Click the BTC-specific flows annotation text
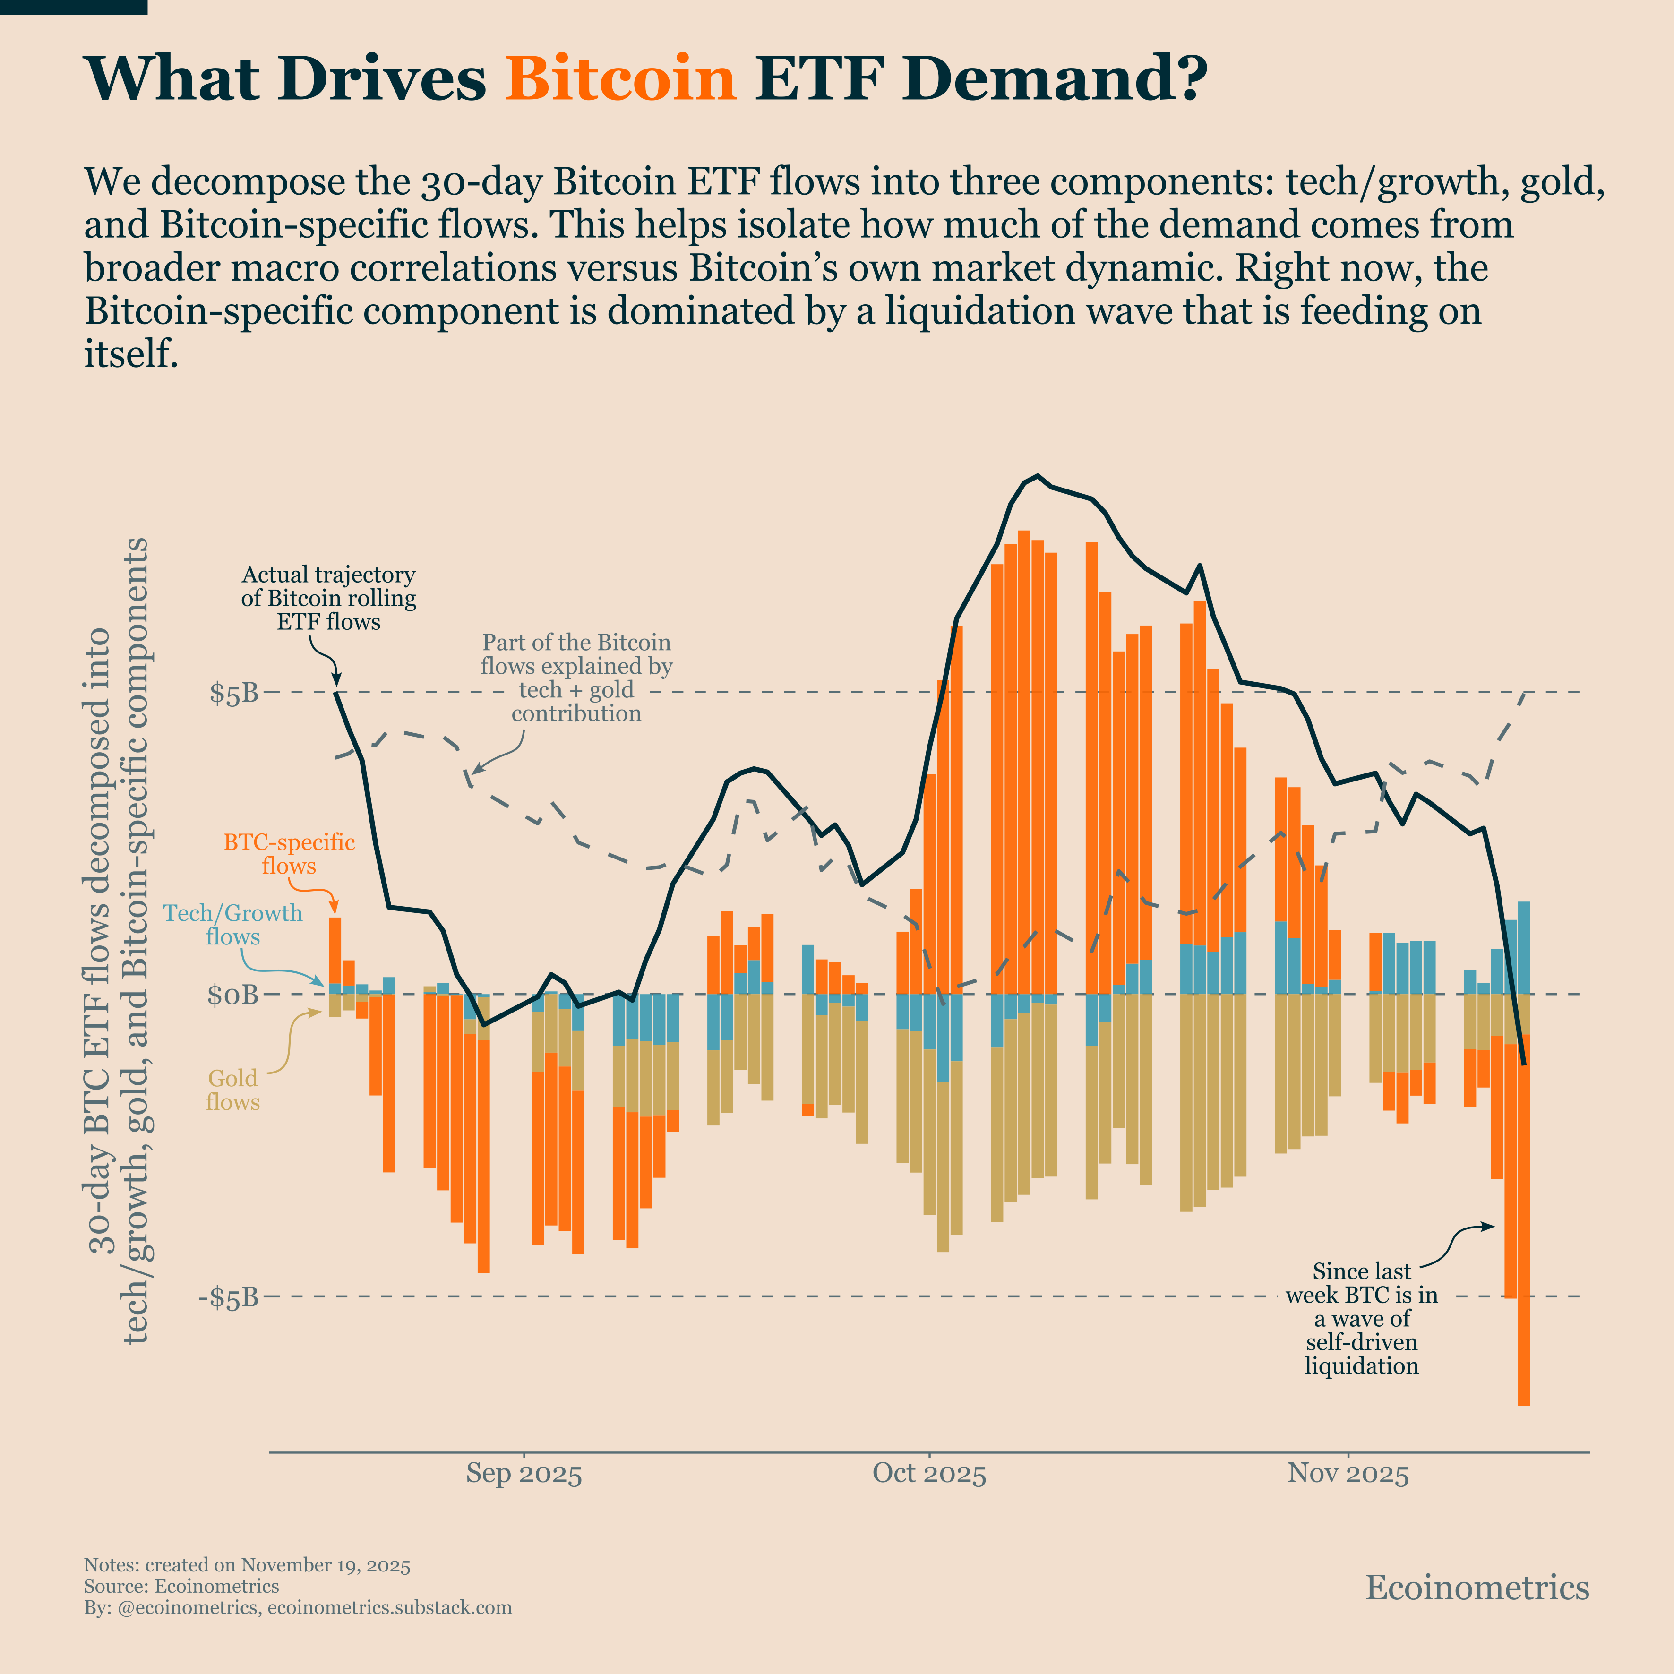click(290, 854)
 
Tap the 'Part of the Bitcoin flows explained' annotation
click(576, 678)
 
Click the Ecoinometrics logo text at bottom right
click(1477, 1588)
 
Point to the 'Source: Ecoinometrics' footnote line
click(181, 1587)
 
